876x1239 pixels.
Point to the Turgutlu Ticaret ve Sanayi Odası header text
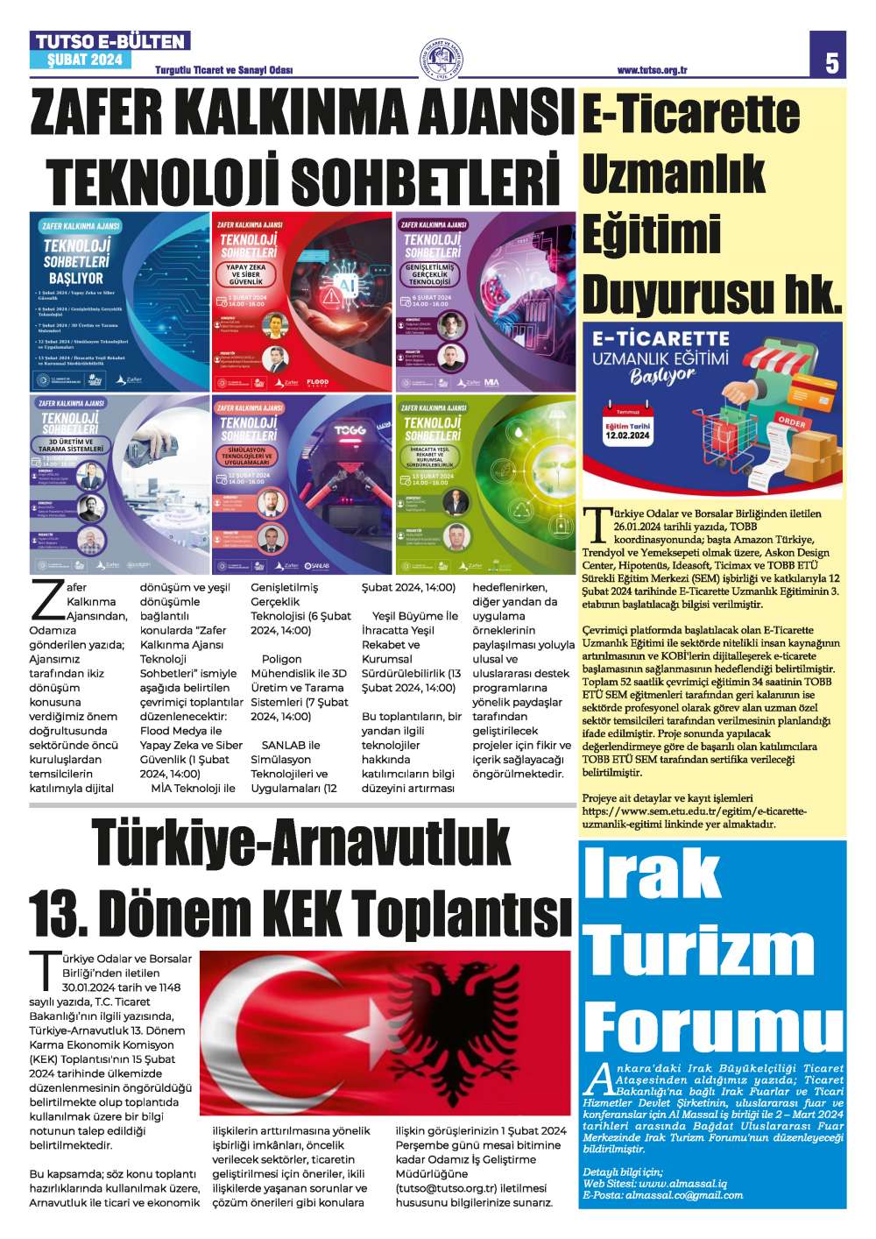pyautogui.click(x=223, y=71)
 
